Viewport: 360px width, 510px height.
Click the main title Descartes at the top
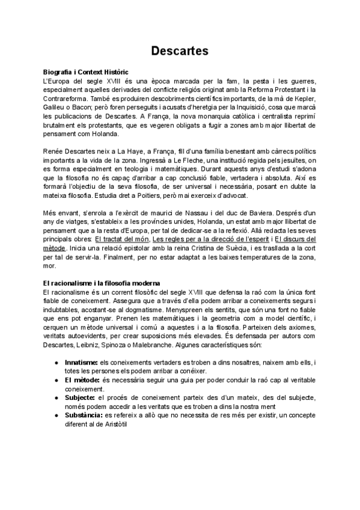click(x=180, y=51)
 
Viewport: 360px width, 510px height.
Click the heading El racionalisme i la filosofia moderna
click(x=102, y=283)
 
